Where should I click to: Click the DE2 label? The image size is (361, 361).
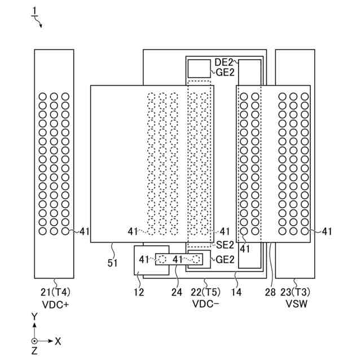[223, 61]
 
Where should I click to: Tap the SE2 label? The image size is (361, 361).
[224, 245]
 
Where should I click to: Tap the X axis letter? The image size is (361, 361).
[58, 341]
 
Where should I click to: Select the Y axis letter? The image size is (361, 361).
[34, 318]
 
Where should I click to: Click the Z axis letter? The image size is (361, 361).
[34, 351]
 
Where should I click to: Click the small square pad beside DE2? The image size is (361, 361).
[198, 68]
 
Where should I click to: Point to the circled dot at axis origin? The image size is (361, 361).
[34, 341]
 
